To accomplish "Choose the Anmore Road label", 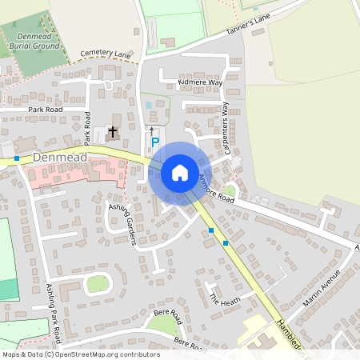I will tap(217, 188).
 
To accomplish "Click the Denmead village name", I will tap(60, 158).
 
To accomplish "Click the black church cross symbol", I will tap(113, 131).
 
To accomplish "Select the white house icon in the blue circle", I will tap(180, 173).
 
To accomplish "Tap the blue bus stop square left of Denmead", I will tap(17, 158).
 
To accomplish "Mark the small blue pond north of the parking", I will tap(148, 106).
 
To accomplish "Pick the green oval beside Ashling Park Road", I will tap(98, 283).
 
